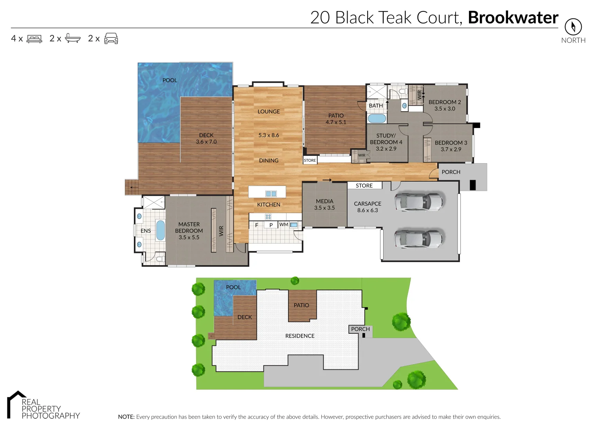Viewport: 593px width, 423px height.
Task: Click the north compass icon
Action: (573, 27)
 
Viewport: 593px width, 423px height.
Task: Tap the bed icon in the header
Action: (34, 39)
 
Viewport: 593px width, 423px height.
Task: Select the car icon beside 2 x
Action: (111, 38)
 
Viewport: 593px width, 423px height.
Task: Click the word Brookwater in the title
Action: (513, 18)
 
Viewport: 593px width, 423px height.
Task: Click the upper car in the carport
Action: (418, 202)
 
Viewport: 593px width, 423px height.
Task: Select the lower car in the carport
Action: (418, 238)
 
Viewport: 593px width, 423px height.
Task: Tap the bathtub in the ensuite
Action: (160, 230)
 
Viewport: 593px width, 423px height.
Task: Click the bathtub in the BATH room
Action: (377, 118)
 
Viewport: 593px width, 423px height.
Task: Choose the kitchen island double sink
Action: (271, 193)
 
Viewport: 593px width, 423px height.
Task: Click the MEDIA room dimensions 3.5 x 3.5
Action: (324, 208)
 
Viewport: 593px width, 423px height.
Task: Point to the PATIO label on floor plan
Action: (336, 116)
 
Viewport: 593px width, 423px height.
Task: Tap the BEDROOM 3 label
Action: (451, 143)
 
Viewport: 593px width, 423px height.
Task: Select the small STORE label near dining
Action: (310, 160)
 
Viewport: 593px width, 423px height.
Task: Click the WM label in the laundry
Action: (284, 224)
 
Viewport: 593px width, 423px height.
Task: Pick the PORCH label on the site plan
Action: (360, 329)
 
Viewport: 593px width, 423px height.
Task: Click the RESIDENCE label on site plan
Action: (300, 336)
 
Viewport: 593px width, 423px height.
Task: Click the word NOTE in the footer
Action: (126, 417)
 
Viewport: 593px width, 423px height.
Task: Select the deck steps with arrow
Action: (132, 187)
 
